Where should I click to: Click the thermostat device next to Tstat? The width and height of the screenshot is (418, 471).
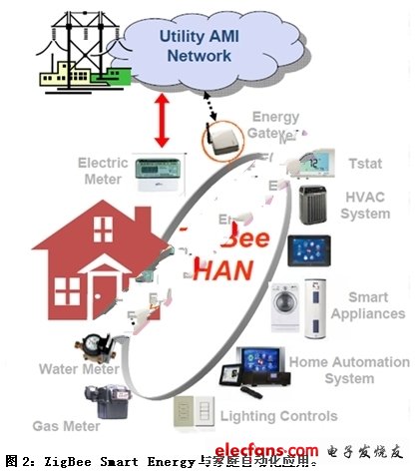[x=317, y=163]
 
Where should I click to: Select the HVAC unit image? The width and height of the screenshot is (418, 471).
[x=320, y=205]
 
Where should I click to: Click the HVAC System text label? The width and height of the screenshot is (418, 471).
[x=365, y=206]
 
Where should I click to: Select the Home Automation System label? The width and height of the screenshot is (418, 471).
[x=349, y=371]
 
